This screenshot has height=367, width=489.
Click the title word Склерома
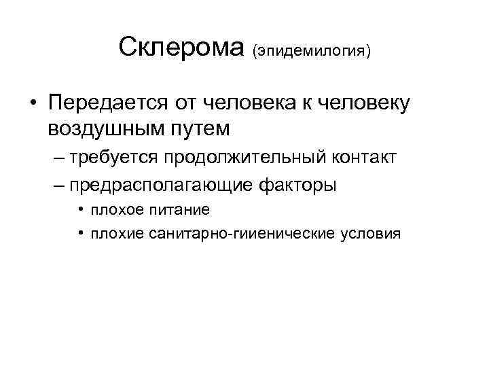[x=180, y=48]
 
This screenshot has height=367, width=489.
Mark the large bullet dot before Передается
[x=32, y=104]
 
